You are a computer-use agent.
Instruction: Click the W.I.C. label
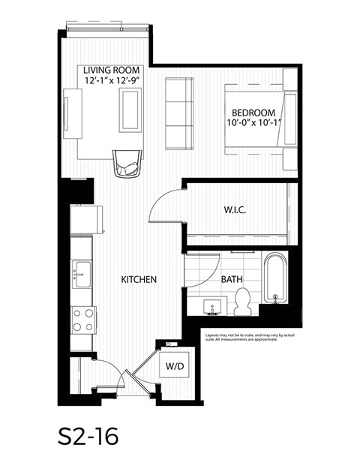pos(235,210)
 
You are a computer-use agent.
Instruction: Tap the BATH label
pos(231,280)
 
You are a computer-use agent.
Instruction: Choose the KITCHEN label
pos(139,280)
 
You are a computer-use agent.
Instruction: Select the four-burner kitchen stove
pos(82,320)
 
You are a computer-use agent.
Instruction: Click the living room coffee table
pos(131,110)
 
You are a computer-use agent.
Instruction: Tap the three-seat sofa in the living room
pos(179,112)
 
